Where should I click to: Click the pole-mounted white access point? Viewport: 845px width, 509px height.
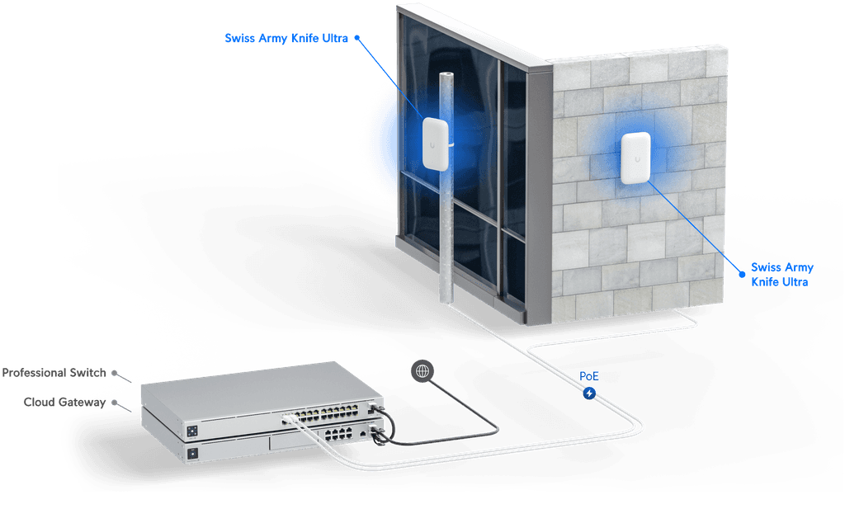pos(435,144)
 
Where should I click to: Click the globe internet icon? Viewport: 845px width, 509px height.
pos(422,372)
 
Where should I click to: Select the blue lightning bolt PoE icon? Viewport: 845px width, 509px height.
pos(589,394)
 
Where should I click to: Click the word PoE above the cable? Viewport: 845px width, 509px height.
pos(589,375)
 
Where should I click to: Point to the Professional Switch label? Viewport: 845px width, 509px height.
pos(54,374)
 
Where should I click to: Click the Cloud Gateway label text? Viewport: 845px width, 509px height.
pos(64,403)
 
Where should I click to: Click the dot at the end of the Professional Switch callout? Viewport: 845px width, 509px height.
pos(115,373)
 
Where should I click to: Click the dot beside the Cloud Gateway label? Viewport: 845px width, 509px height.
pos(115,403)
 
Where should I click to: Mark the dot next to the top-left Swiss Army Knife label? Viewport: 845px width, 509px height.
pos(358,37)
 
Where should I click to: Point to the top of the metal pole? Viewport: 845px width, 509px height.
pos(446,76)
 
